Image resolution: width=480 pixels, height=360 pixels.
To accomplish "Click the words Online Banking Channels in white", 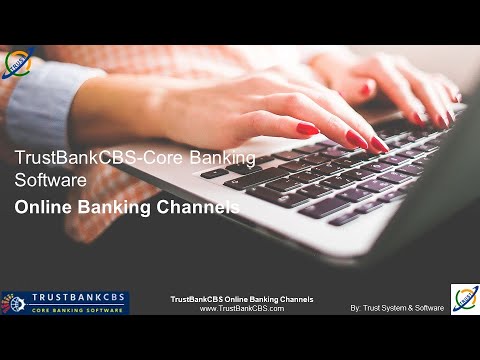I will [127, 208].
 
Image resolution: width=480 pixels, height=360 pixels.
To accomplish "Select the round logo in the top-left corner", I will [17, 63].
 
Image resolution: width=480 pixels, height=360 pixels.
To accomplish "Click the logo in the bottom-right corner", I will [465, 298].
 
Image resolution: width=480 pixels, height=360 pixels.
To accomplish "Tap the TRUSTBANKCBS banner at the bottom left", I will [65, 302].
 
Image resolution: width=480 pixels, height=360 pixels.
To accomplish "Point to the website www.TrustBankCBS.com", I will [242, 309].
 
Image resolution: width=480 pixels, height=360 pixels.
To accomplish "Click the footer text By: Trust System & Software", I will [396, 308].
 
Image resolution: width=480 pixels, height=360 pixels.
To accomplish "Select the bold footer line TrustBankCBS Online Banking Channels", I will [242, 299].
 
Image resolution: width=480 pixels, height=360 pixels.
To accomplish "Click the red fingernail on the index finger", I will [307, 129].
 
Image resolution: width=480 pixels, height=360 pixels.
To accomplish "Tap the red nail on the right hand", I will [419, 117].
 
